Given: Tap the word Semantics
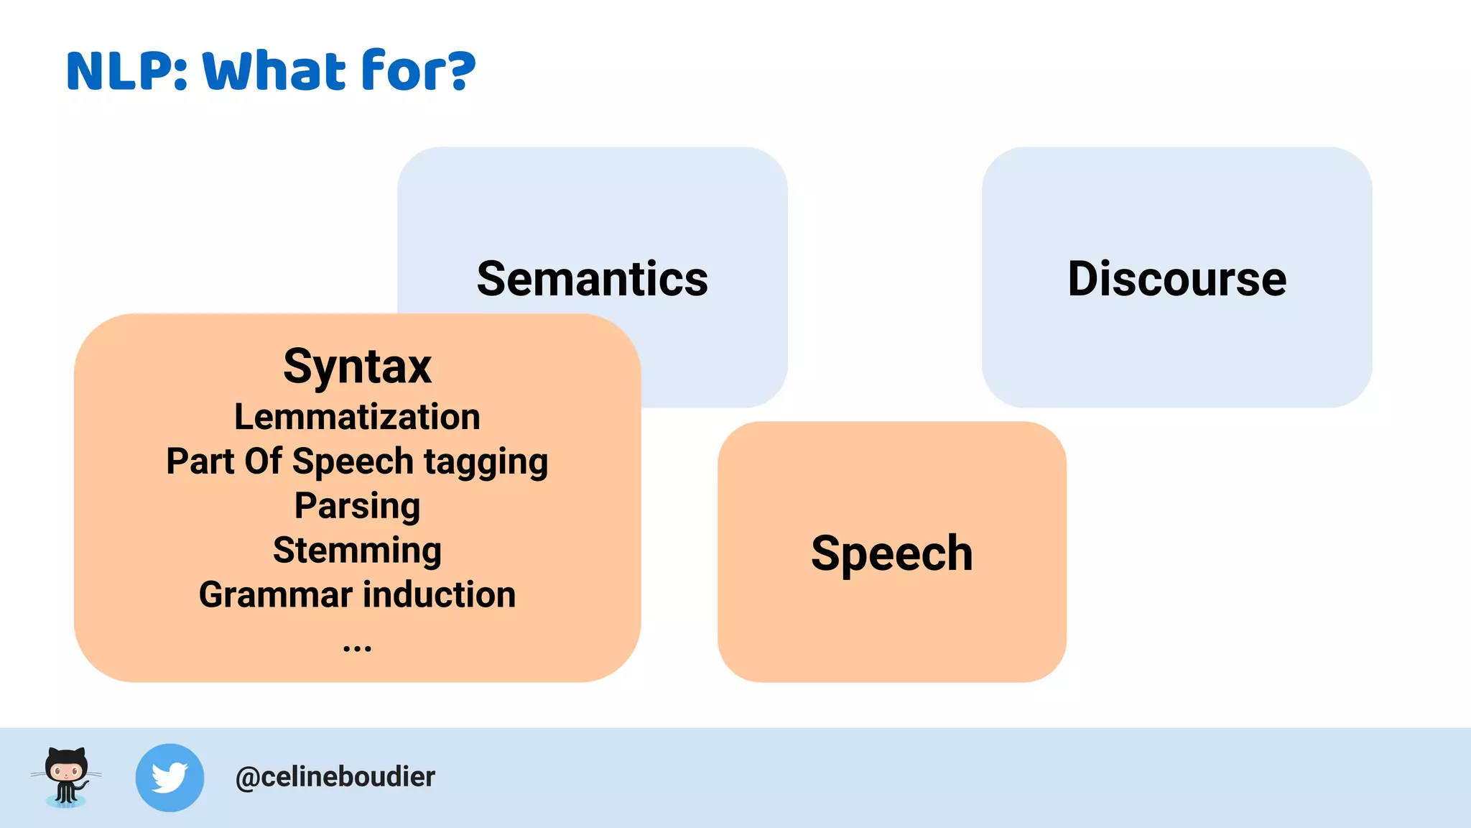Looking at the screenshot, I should coord(593,279).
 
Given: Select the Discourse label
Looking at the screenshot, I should coord(1177,279).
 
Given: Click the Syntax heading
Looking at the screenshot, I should coord(357,367).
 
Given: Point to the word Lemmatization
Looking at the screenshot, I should coord(357,417).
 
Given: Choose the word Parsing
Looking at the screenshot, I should coord(357,507).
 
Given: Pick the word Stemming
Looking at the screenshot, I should coord(357,551).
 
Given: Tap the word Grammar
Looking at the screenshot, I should coord(276,595).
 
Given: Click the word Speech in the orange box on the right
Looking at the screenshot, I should coord(891,553).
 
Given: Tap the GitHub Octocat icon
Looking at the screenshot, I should coord(66,777).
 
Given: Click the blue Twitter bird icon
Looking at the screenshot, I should coord(170,778).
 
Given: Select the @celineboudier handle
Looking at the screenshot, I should coord(335,777).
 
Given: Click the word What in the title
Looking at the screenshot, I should coord(274,71).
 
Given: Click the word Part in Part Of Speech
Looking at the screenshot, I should coord(200,461).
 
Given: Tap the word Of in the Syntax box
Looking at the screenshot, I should coord(263,461).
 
